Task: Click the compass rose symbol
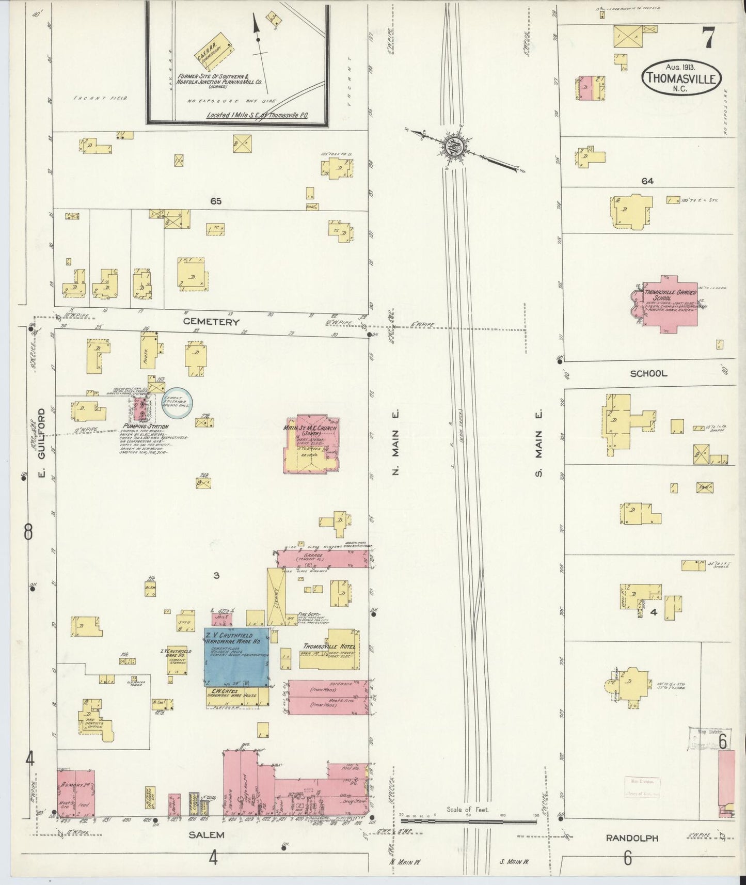click(x=454, y=146)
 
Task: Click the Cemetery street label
click(x=212, y=322)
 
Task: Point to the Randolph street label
click(x=639, y=838)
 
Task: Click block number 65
click(x=215, y=201)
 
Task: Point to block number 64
click(x=647, y=181)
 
